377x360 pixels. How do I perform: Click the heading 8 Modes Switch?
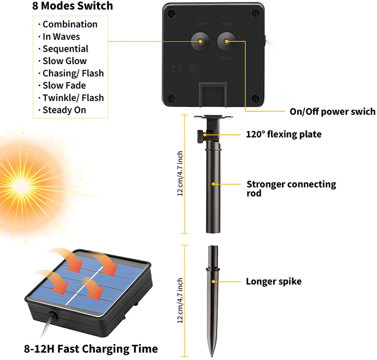pyautogui.click(x=73, y=6)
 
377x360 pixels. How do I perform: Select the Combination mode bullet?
pyautogui.click(x=69, y=25)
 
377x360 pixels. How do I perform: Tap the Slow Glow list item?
pyautogui.click(x=64, y=61)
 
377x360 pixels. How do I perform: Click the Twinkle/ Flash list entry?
pyautogui.click(x=73, y=98)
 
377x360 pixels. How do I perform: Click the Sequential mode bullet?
pyautogui.click(x=65, y=49)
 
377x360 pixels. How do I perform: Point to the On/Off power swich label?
pyautogui.click(x=332, y=112)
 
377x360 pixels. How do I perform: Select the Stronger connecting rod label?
pyautogui.click(x=291, y=188)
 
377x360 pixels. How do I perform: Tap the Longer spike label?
pyautogui.click(x=273, y=282)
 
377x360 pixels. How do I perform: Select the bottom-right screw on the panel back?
pyautogui.click(x=255, y=98)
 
